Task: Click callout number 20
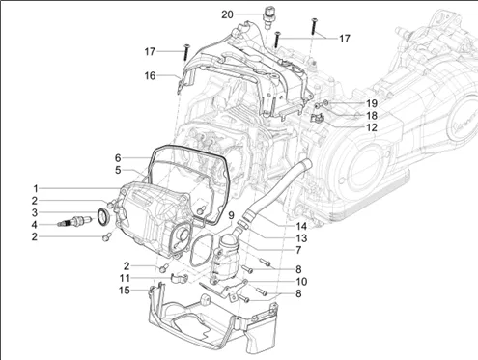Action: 227,14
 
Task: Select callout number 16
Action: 150,76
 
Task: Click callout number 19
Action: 372,103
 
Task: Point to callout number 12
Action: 372,127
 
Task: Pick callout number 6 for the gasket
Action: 118,158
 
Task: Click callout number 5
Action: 118,170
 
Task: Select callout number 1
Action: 36,189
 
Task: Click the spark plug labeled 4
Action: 74,222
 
